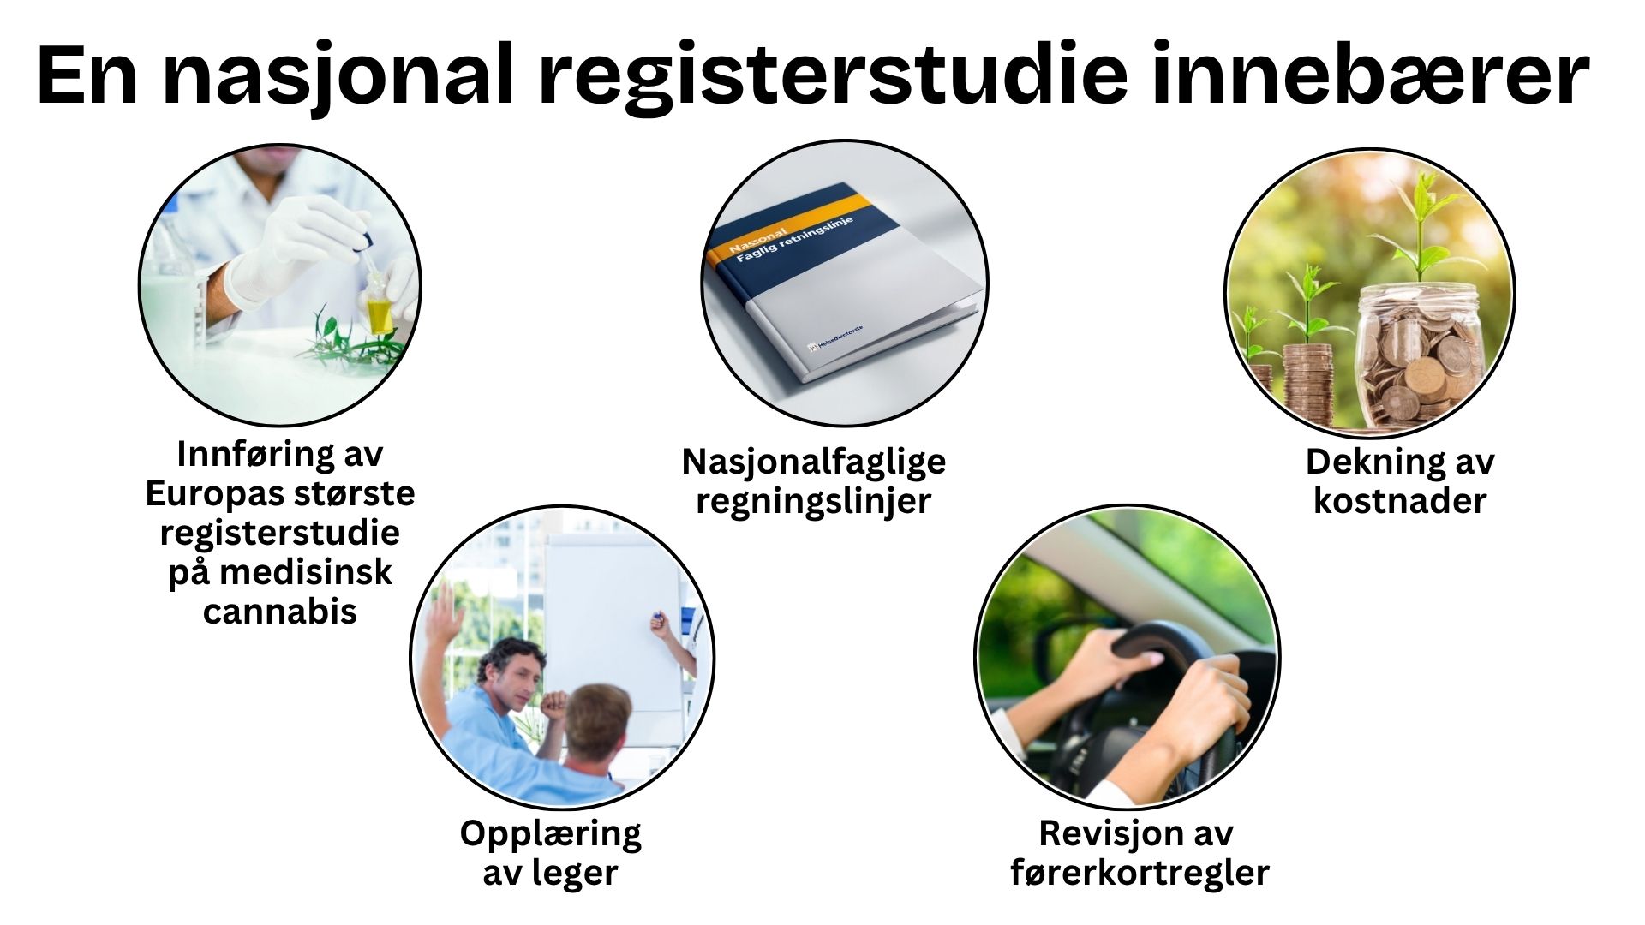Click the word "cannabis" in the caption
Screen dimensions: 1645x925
tap(279, 611)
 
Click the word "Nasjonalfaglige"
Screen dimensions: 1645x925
tap(814, 462)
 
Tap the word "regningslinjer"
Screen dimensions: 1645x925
tap(813, 501)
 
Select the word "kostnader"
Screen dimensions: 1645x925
tap(1400, 501)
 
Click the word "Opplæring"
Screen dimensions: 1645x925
tap(550, 833)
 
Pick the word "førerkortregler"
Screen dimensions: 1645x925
tap(1139, 873)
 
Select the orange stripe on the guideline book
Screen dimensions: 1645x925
tap(788, 224)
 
